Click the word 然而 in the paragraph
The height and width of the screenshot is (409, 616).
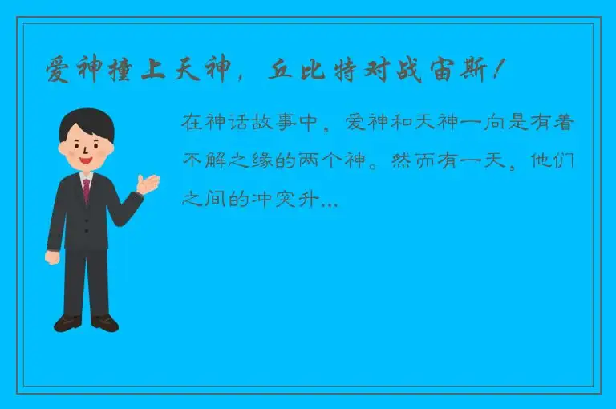point(409,160)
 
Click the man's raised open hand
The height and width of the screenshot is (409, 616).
point(148,184)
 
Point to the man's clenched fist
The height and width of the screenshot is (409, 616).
point(52,257)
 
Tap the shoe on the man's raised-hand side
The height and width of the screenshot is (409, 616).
point(105,322)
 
